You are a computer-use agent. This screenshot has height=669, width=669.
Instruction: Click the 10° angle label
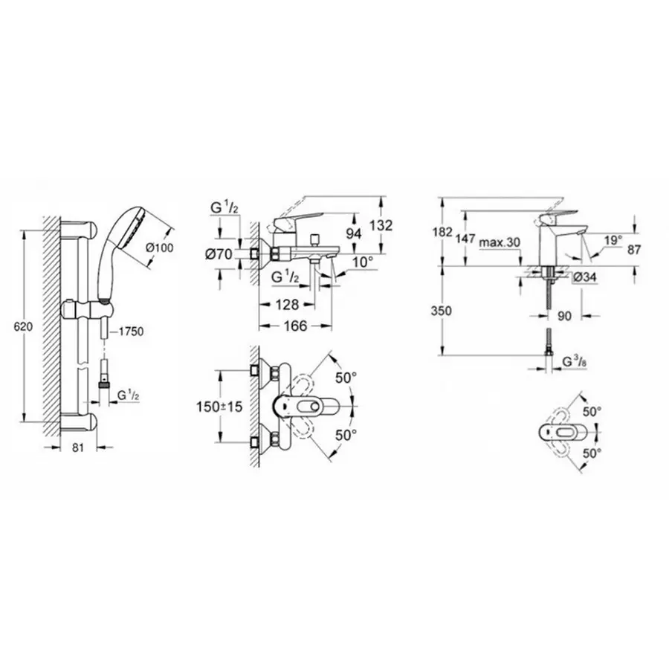point(362,262)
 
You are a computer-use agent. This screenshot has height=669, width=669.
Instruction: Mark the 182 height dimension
point(442,232)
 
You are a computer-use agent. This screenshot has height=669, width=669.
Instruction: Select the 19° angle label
point(613,240)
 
